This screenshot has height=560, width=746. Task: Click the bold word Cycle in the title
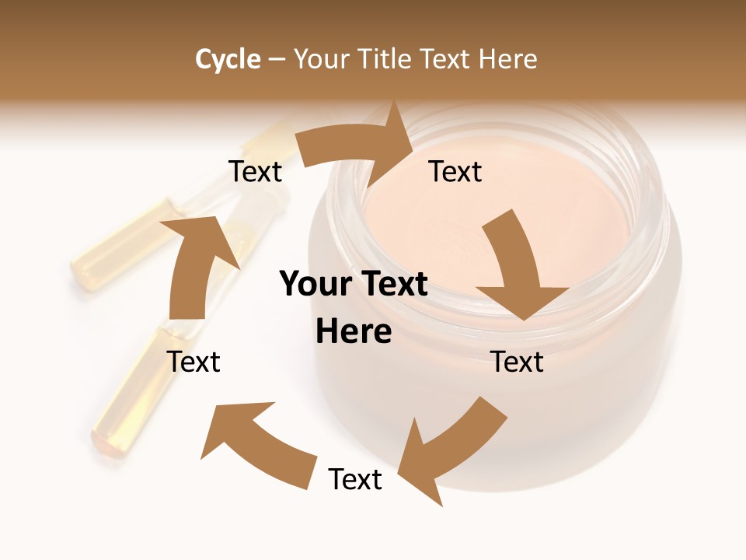pos(228,59)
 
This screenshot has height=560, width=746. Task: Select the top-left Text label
pos(255,171)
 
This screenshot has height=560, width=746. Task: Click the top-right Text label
pos(455,171)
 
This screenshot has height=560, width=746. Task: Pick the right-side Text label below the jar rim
pos(517,362)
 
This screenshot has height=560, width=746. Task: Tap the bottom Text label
pos(355,479)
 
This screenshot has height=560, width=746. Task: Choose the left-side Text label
pos(193,362)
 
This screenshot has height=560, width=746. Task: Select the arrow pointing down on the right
pos(517,268)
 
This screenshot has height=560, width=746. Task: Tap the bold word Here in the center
pos(354,332)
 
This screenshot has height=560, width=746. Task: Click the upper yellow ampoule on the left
pos(124,245)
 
